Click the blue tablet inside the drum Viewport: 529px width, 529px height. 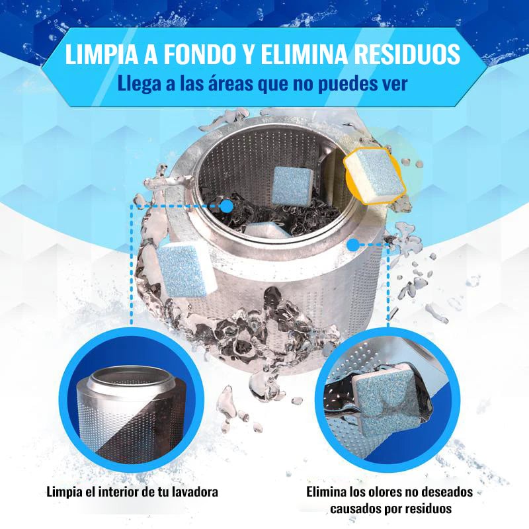point(292,186)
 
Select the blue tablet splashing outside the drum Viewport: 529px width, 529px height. point(183,269)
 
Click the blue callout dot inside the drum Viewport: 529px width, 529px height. point(227,206)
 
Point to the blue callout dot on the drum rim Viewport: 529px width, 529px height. point(353,245)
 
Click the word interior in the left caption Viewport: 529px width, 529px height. point(118,492)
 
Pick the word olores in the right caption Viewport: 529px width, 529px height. point(374,492)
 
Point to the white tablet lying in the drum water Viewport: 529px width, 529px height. point(267,230)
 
